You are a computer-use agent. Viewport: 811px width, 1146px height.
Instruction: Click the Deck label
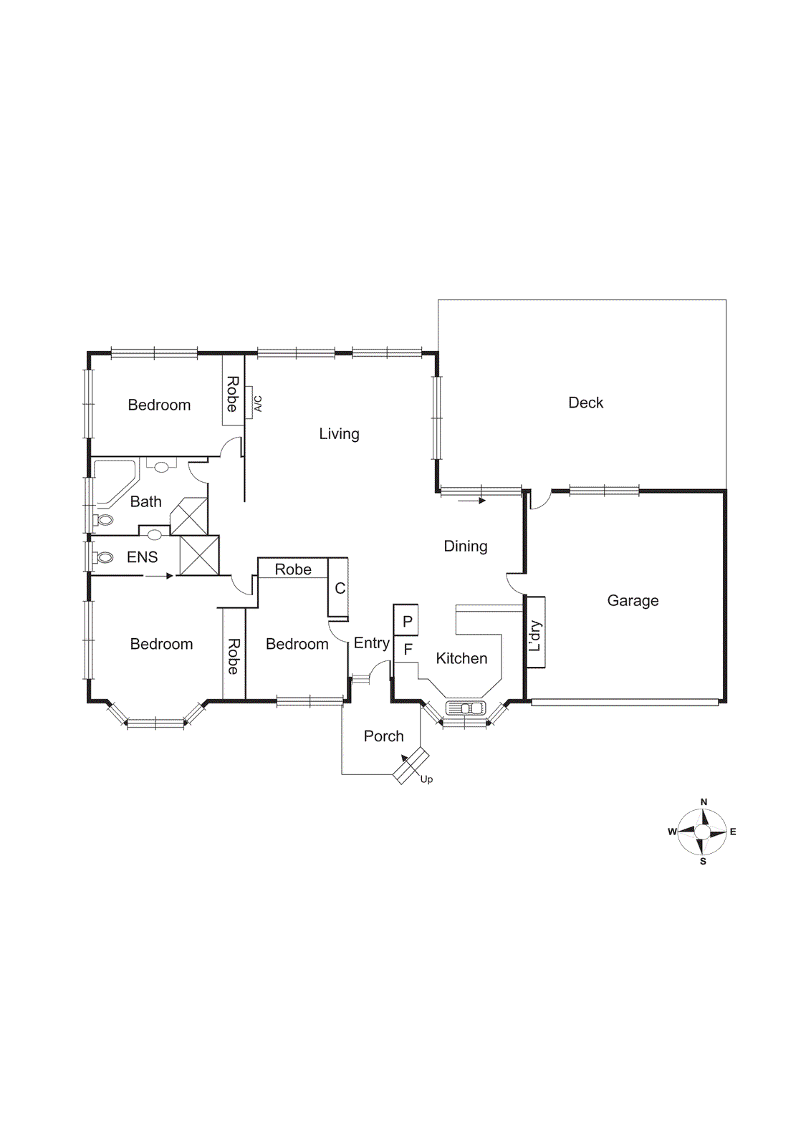[x=585, y=403]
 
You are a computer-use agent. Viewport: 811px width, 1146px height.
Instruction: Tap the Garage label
[x=633, y=600]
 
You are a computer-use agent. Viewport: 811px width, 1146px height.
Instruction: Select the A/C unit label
[x=258, y=404]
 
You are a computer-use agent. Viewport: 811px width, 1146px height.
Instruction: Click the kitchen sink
[x=466, y=708]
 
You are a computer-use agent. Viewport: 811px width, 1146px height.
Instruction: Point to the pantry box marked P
[x=406, y=621]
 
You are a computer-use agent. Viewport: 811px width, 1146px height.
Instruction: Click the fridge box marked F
[x=407, y=650]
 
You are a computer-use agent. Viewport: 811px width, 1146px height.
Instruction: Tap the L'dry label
[x=535, y=635]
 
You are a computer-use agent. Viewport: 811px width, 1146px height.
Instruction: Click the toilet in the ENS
[x=104, y=557]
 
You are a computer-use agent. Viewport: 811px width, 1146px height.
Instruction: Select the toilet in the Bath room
[x=104, y=520]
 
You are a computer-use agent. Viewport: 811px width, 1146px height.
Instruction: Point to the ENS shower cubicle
[x=198, y=555]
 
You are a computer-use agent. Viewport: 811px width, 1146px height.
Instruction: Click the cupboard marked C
[x=339, y=588]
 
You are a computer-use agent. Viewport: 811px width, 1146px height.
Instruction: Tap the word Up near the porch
[x=426, y=779]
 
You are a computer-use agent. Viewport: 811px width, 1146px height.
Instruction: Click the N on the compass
[x=704, y=802]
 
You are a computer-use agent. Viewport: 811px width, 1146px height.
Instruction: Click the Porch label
[x=383, y=736]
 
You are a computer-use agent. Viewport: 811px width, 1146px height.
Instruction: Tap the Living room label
[x=339, y=434]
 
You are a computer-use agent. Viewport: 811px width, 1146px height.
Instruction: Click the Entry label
[x=371, y=643]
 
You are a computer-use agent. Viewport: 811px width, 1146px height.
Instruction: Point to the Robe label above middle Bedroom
[x=293, y=569]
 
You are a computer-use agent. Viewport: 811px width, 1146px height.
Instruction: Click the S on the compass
[x=703, y=862]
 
